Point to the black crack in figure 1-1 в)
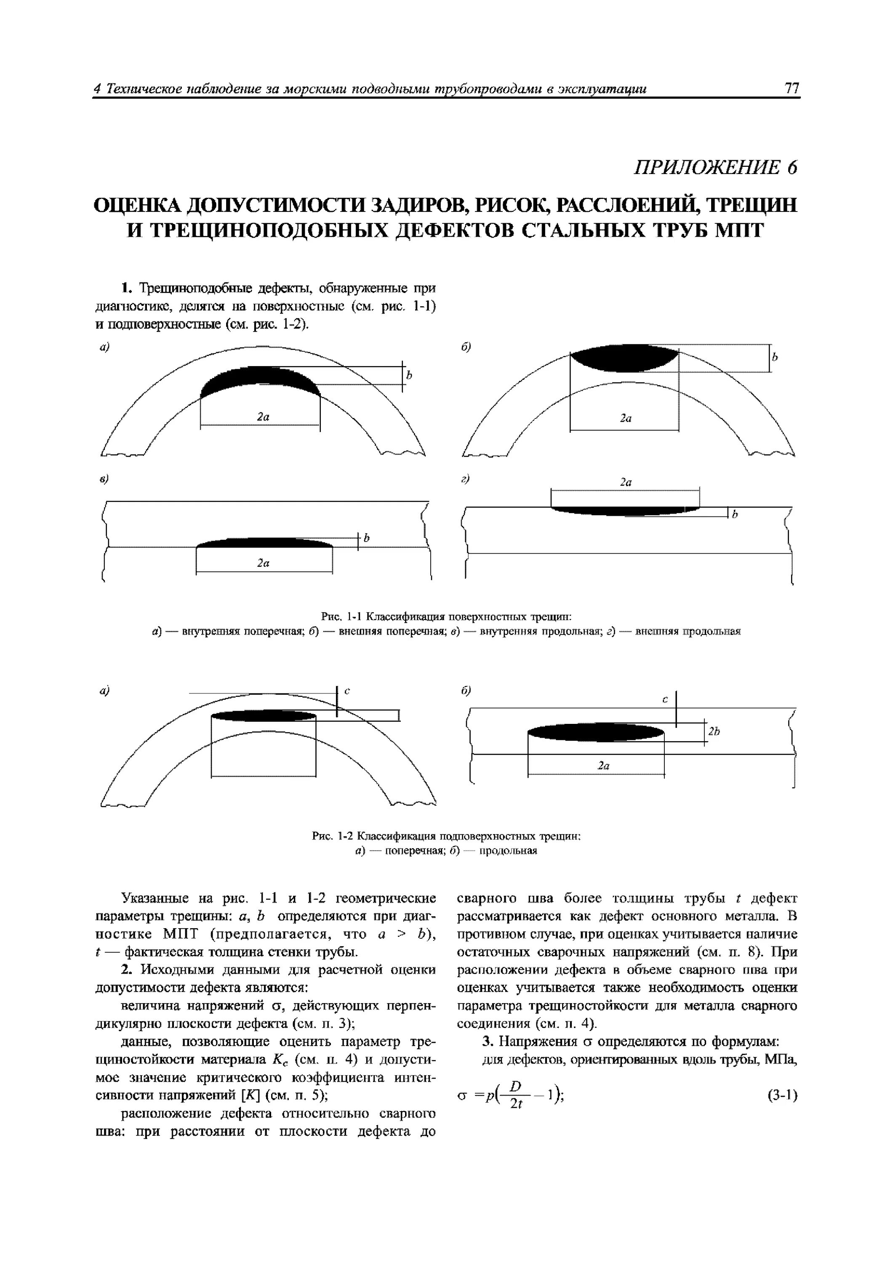(264, 544)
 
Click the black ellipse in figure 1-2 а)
(264, 716)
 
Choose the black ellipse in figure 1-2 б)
(596, 732)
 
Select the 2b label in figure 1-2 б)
(714, 731)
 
